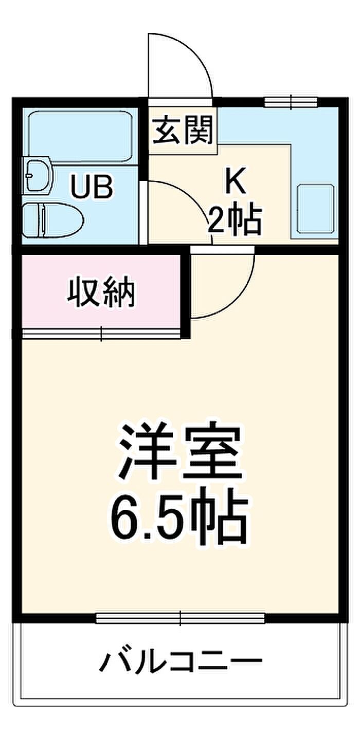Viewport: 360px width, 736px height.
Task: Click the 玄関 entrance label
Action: point(183,131)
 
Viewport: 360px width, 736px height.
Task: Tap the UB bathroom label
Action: point(92,187)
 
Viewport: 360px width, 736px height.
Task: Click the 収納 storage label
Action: point(102,293)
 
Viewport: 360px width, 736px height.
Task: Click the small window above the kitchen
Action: point(291,101)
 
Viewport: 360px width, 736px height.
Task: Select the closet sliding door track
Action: point(101,334)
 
